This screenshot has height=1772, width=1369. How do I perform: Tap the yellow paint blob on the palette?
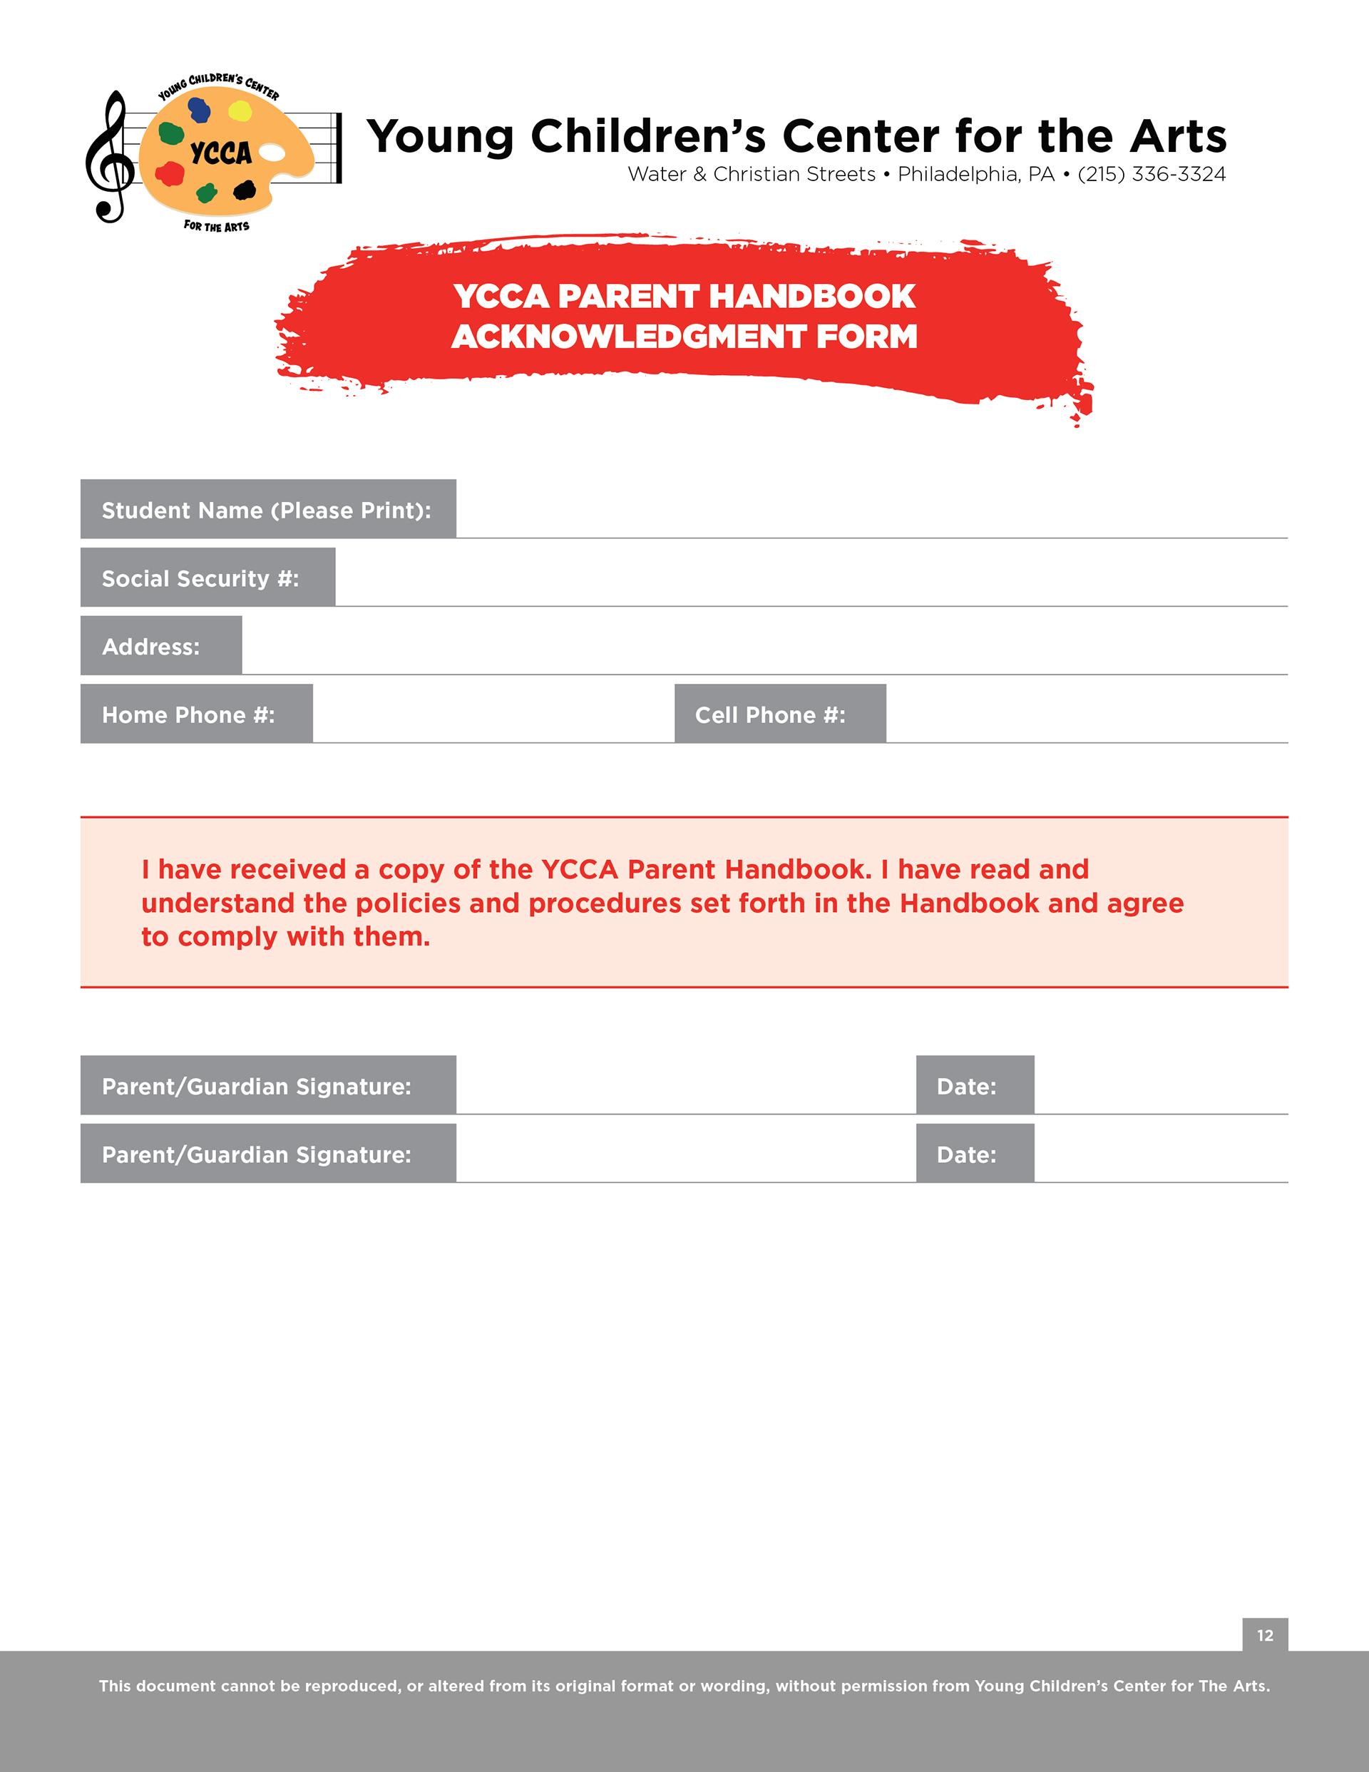pyautogui.click(x=240, y=111)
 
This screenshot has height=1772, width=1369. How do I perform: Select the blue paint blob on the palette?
pyautogui.click(x=199, y=110)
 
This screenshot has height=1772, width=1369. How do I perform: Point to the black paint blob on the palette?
pyautogui.click(x=245, y=190)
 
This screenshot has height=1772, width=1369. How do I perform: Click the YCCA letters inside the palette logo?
pyautogui.click(x=221, y=153)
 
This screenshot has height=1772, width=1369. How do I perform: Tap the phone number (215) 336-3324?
pyautogui.click(x=1151, y=175)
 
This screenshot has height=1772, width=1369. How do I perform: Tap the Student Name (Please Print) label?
pyautogui.click(x=266, y=511)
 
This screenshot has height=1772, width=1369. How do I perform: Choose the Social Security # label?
pyautogui.click(x=200, y=578)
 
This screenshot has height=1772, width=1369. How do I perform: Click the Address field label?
pyautogui.click(x=151, y=647)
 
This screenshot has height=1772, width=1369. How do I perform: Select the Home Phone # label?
pyautogui.click(x=188, y=715)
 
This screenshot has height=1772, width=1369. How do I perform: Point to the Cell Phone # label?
pyautogui.click(x=770, y=715)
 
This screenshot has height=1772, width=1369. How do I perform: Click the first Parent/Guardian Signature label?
pyautogui.click(x=257, y=1087)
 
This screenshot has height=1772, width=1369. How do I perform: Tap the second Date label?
pyautogui.click(x=966, y=1154)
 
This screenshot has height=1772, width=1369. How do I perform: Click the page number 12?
pyautogui.click(x=1265, y=1636)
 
